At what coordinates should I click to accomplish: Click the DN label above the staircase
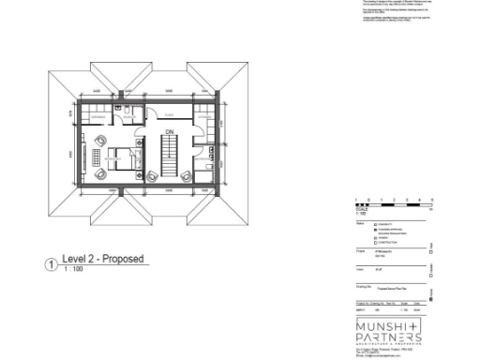click(x=169, y=131)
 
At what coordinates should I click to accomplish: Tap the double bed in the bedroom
click(x=117, y=159)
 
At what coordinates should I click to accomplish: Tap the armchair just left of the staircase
click(x=152, y=175)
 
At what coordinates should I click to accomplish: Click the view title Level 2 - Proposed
click(x=102, y=259)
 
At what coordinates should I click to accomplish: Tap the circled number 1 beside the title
click(x=51, y=265)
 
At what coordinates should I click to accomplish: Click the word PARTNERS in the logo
click(x=389, y=337)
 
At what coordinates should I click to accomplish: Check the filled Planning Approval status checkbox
click(x=376, y=230)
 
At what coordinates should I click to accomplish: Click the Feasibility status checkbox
click(x=376, y=225)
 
